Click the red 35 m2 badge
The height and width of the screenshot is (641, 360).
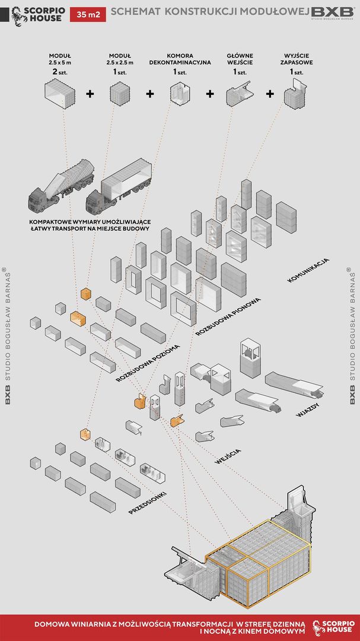tap(88, 15)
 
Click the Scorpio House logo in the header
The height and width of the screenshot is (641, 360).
tap(39, 14)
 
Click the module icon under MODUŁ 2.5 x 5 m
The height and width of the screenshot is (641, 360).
tap(60, 94)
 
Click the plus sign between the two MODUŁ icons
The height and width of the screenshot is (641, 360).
tap(90, 94)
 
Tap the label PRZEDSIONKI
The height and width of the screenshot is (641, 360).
tap(147, 502)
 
